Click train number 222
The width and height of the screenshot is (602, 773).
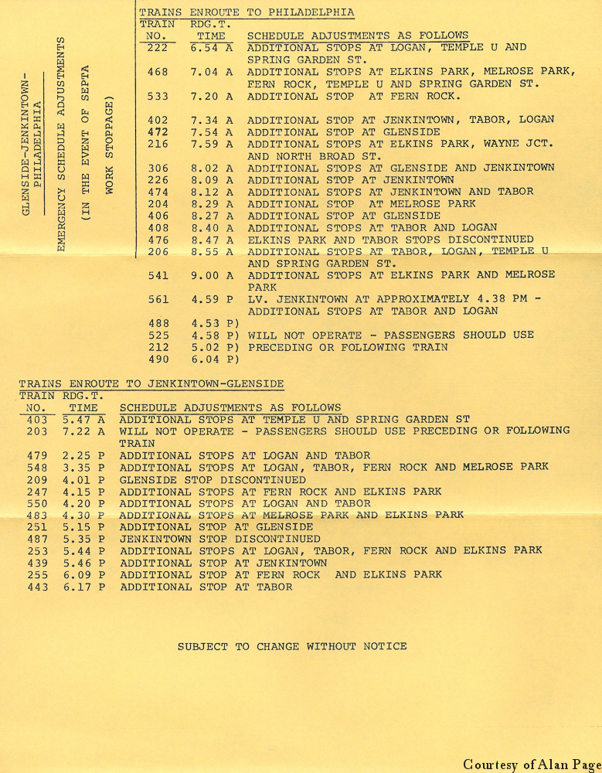point(158,48)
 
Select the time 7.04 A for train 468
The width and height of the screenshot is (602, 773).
point(212,72)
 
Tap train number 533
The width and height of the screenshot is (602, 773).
point(158,96)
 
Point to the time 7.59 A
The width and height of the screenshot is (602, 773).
point(212,144)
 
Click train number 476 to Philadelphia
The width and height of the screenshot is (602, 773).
point(158,240)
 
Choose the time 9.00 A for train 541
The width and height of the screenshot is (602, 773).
point(212,275)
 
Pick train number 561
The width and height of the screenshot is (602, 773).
point(158,299)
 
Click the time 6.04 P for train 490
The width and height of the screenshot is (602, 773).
point(215,359)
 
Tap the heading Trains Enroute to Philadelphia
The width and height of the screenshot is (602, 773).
point(247,12)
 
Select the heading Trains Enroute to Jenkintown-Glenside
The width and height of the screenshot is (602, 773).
point(151,383)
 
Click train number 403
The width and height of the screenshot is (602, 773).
point(36,420)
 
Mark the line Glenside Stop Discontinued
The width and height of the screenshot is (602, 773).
point(213,479)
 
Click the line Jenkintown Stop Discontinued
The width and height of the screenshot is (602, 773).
point(219,539)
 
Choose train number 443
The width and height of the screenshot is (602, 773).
point(36,587)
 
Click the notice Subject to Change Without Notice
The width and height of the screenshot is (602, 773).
point(292,646)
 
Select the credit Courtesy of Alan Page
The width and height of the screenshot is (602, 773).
point(531,764)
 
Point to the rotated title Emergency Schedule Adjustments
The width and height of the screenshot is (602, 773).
point(60,144)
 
